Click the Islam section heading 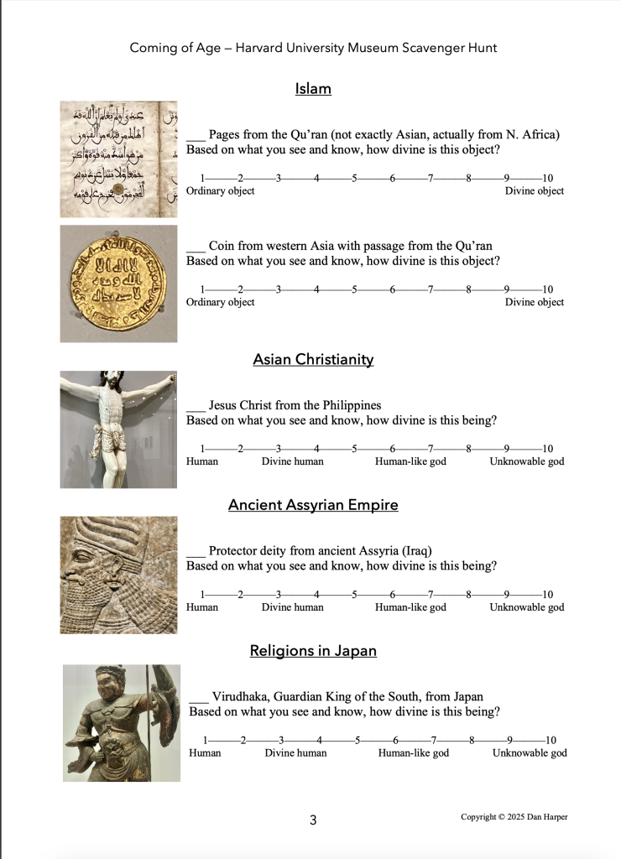pos(313,88)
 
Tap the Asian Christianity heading pos(313,359)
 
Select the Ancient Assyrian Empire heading pos(313,505)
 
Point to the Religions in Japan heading pos(313,651)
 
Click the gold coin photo pos(118,283)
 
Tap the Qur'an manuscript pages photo pos(118,159)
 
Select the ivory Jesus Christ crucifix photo pos(118,429)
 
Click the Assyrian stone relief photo pos(118,575)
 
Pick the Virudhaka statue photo pos(122,723)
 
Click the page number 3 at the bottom pos(313,820)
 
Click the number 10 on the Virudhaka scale pos(550,740)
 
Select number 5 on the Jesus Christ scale pos(355,449)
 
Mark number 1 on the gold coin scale pos(202,289)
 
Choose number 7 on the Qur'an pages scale pos(431,178)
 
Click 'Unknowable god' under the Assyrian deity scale pos(527,607)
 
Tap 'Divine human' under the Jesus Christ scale pos(292,461)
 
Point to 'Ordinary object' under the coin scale pos(220,302)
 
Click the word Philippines pos(348,405)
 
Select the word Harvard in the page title pos(261,48)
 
